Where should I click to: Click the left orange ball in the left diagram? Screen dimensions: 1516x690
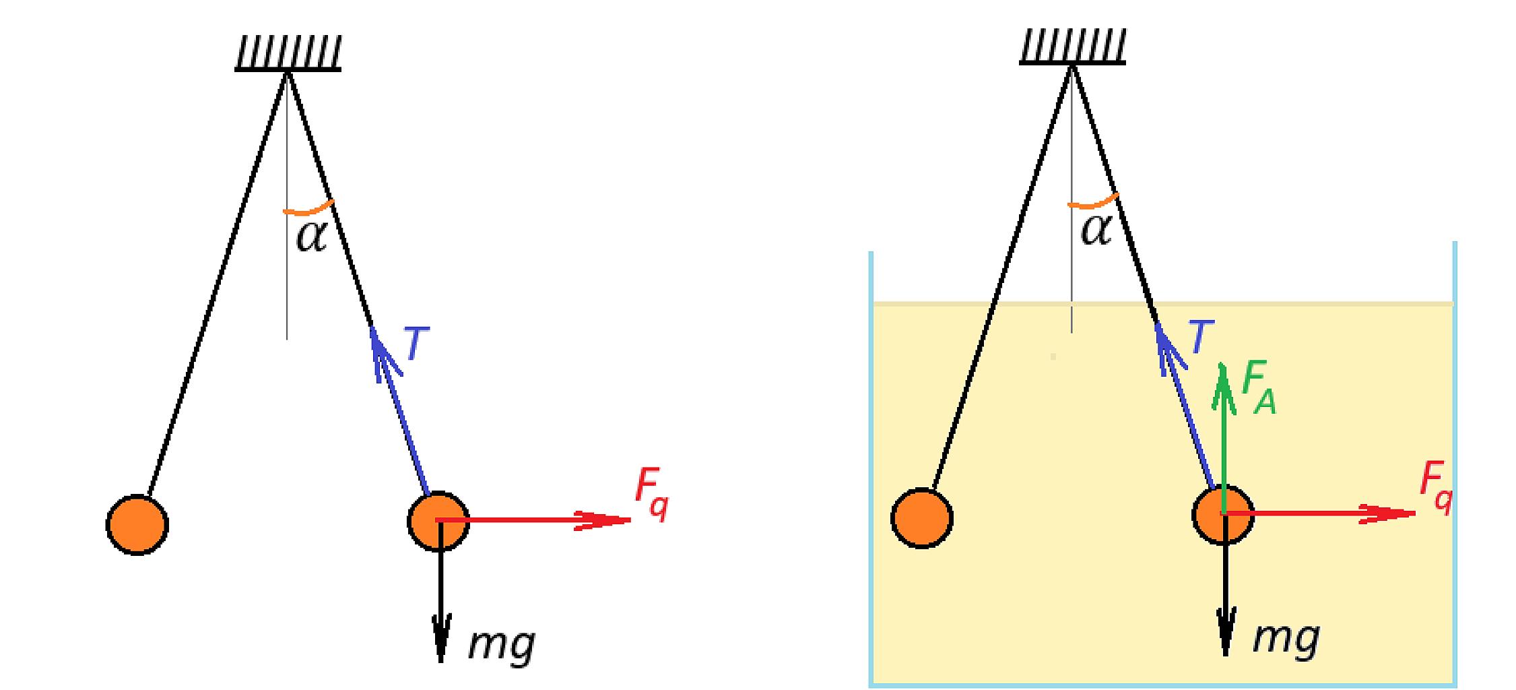[137, 524]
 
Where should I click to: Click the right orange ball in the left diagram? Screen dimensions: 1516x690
[438, 521]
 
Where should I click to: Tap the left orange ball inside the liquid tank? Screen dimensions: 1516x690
[921, 517]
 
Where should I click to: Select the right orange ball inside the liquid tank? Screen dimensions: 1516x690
[1223, 515]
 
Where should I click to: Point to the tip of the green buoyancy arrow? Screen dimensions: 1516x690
[1223, 363]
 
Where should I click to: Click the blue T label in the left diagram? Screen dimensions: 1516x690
[417, 344]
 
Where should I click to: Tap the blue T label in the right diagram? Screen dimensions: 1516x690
[1201, 337]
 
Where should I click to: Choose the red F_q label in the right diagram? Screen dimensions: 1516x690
[1436, 489]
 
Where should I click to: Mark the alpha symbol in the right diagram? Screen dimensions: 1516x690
[1096, 230]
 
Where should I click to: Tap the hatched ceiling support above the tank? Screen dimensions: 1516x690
[1072, 48]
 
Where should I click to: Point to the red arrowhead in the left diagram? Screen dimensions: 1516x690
[603, 520]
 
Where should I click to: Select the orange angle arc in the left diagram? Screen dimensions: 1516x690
[308, 210]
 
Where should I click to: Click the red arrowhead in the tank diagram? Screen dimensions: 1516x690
[1387, 514]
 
